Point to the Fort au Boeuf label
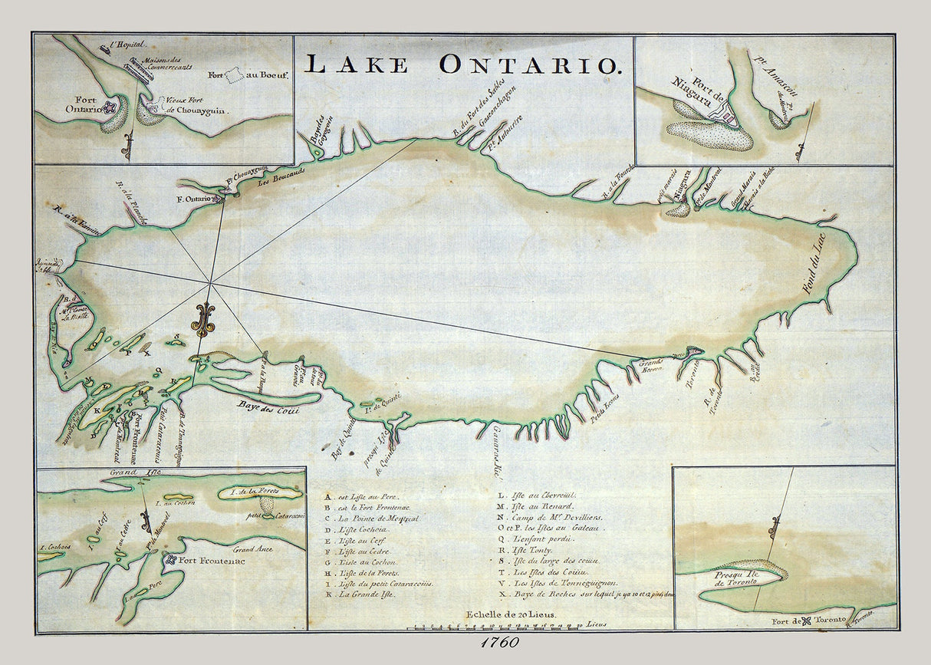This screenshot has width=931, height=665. click(x=238, y=75)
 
